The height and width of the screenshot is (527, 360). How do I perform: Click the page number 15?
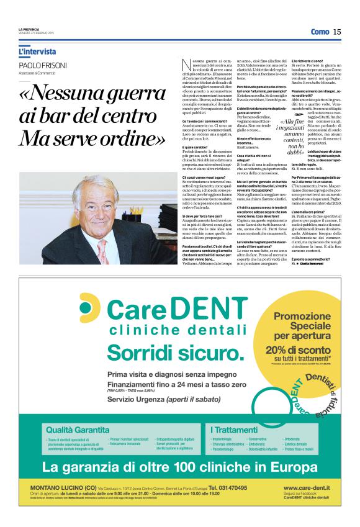[336, 32]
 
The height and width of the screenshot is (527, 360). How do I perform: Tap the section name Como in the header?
[320, 32]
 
